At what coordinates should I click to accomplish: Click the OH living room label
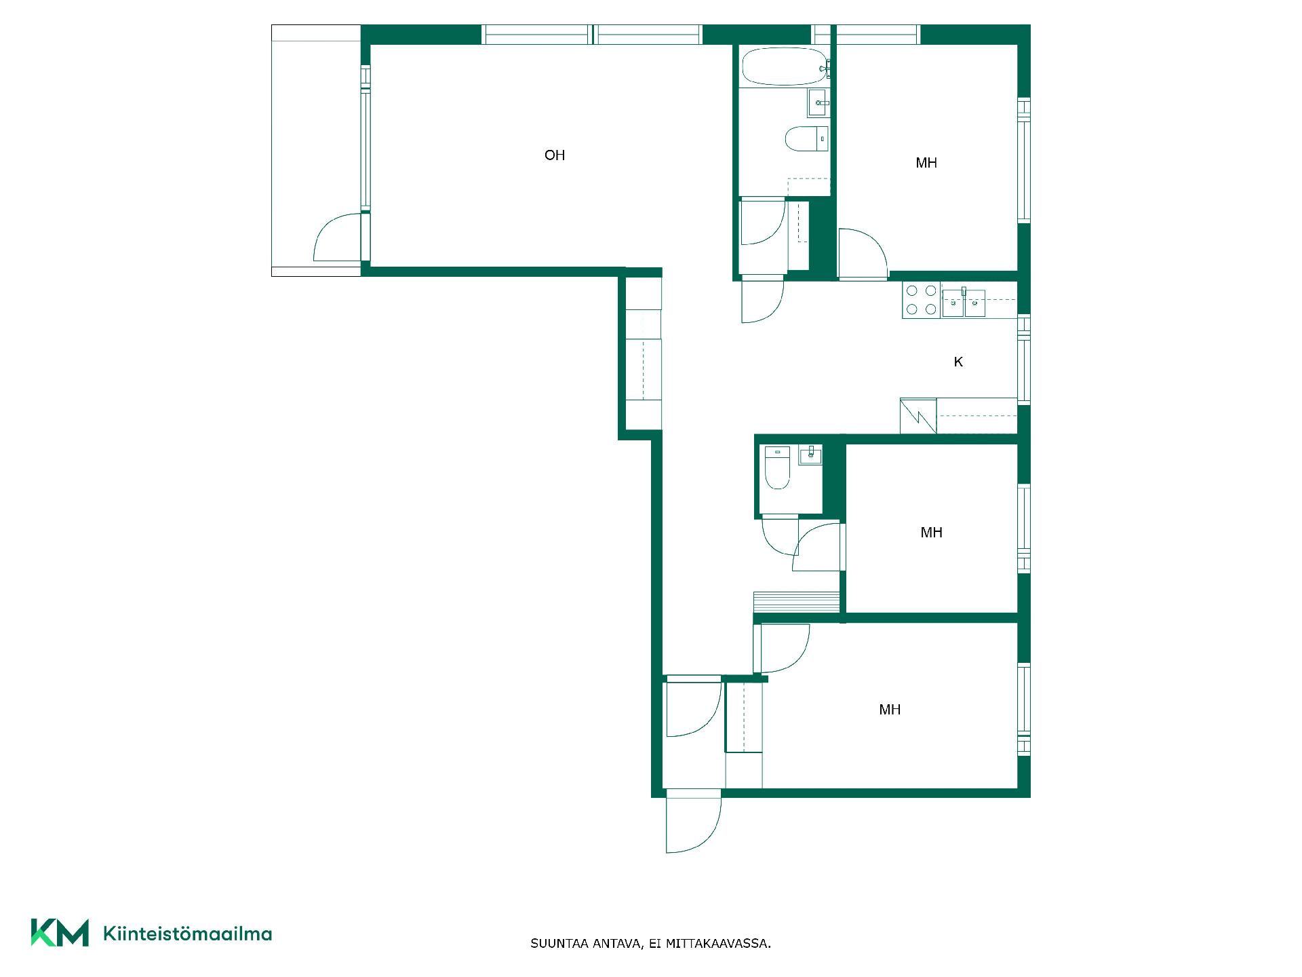point(555,155)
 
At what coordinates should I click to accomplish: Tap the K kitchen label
point(958,362)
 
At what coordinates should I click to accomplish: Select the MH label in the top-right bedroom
point(926,163)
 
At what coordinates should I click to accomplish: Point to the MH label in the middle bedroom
point(931,533)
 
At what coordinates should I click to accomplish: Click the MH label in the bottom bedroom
point(890,710)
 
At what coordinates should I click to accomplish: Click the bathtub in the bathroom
point(785,66)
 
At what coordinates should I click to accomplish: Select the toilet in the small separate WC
point(777,467)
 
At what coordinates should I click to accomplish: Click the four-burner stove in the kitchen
point(921,300)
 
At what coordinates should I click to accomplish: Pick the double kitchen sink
point(964,303)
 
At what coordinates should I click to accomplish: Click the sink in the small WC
point(810,455)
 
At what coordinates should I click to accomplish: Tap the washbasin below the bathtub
point(818,103)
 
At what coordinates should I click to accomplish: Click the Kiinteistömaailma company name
point(187,934)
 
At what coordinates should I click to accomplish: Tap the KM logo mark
point(60,932)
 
